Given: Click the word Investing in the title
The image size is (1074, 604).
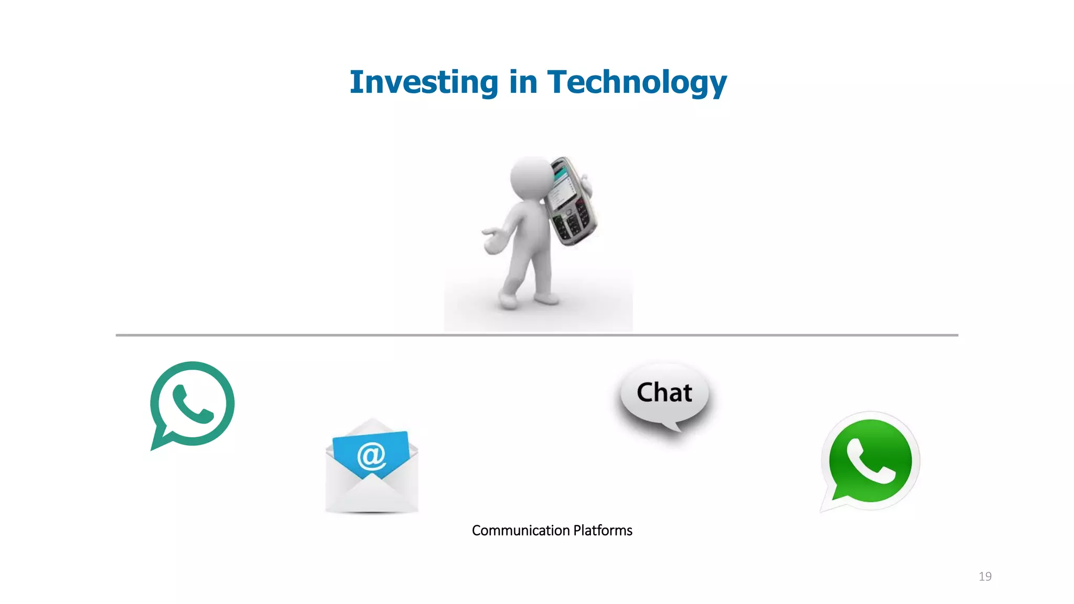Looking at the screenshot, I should coord(424,82).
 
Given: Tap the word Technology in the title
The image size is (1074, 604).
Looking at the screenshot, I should coord(637,82).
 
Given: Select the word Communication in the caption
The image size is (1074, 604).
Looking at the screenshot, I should coord(520,530).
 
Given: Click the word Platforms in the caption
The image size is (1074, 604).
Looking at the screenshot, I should coord(603,530).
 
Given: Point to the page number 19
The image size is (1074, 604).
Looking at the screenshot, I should coord(985,576).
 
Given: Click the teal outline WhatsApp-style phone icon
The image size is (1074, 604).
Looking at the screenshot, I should coord(191,404).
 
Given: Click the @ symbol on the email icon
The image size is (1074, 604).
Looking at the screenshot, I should coord(371,455).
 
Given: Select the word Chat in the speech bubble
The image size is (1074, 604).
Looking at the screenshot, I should coord(664,393).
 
